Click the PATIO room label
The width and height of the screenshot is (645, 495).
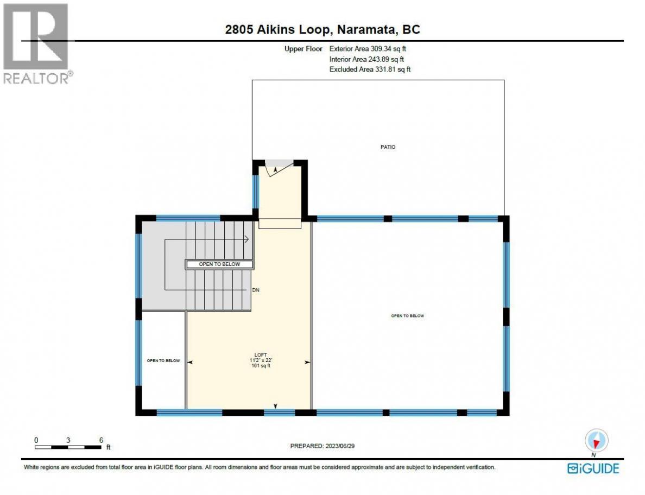388,147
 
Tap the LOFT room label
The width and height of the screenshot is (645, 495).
261,355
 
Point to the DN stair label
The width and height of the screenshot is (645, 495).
256,290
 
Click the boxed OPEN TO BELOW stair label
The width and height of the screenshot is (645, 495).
219,264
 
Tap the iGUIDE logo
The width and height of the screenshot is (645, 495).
593,469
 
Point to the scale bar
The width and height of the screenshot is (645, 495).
68,447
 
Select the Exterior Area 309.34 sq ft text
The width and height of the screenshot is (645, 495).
368,48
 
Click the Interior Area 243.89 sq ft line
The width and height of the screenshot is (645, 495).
366,59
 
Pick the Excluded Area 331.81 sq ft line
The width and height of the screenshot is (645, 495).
370,69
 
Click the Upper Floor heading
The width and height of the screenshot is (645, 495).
303,48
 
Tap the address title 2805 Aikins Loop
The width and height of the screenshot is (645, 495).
277,30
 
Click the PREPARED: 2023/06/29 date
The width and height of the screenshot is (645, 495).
322,446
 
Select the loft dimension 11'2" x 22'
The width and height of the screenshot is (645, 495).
261,360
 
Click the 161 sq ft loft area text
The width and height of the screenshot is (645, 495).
261,365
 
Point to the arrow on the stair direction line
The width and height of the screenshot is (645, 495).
246,239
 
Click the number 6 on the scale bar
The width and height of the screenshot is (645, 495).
101,440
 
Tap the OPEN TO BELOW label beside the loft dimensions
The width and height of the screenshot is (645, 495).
163,360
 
